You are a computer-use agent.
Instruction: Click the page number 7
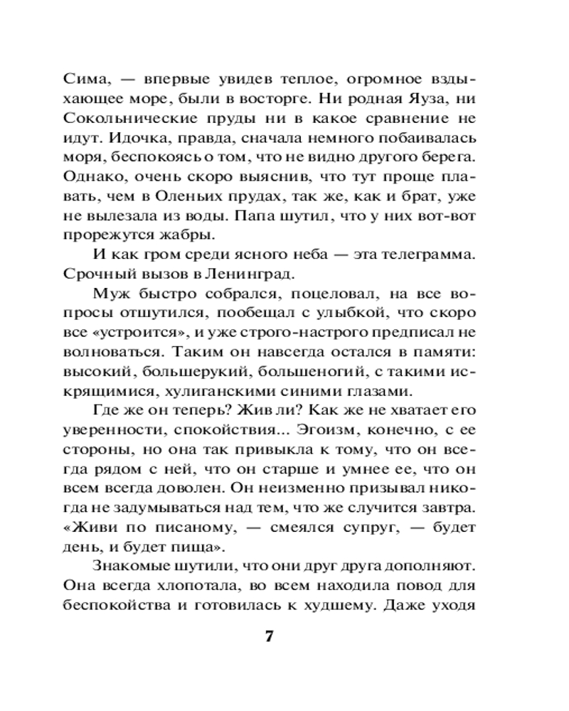(x=269, y=635)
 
